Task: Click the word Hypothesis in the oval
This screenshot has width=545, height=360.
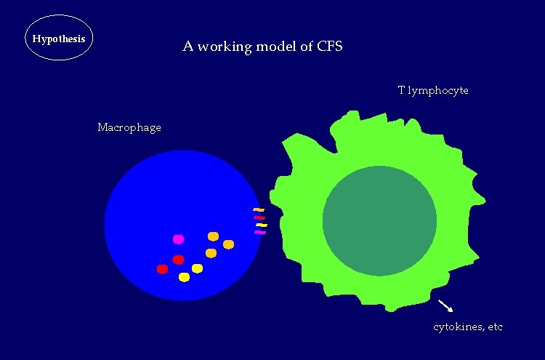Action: point(59,38)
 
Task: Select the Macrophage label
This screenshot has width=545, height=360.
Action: point(129,128)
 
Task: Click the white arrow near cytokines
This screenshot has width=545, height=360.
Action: point(445,305)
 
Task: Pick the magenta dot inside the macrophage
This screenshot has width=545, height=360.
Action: point(178,239)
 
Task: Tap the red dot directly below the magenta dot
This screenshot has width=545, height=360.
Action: point(178,260)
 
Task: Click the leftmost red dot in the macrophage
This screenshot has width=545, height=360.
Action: point(162,269)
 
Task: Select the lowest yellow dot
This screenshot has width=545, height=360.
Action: point(184,277)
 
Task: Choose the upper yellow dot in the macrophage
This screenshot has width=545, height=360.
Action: point(197,268)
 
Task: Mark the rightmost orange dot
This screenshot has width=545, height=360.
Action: point(228,244)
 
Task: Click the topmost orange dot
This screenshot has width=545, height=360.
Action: point(213,236)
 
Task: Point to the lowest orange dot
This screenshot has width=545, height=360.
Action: point(211,253)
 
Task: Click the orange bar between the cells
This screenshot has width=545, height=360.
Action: point(259,210)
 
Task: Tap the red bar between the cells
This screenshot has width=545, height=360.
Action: point(259,217)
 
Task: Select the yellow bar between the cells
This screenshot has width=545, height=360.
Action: point(262,225)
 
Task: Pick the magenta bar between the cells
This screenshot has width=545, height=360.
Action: point(260,233)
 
